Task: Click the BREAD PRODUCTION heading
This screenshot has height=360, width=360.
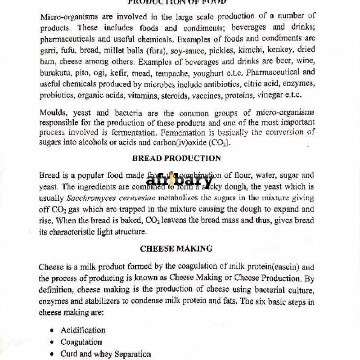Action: (176, 158)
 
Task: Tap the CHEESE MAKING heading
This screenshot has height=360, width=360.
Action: (176, 248)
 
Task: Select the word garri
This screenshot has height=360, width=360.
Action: (48, 50)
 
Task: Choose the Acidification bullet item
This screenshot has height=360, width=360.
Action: (83, 330)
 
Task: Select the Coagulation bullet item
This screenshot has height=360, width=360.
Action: (81, 342)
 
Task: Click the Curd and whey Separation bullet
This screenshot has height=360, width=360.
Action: (105, 354)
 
